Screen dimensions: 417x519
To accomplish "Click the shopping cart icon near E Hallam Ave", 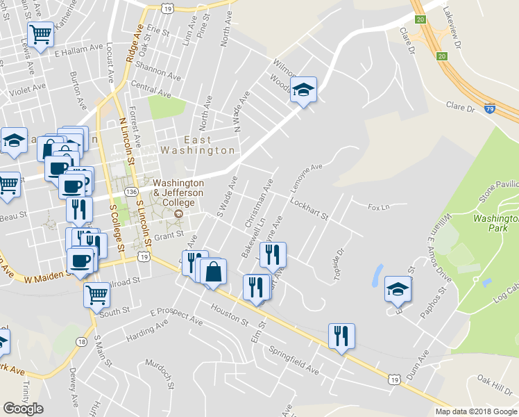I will (41, 33).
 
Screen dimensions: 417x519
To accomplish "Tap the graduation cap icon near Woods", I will (303, 89).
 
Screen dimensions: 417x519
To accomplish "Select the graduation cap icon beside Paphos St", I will (398, 288).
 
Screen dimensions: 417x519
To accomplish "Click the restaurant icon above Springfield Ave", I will (341, 336).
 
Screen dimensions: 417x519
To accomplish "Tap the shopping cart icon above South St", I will (96, 293).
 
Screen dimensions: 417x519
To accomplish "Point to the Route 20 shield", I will (441, 55).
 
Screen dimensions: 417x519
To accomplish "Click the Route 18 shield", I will (82, 341).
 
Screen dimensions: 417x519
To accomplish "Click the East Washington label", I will (198, 145).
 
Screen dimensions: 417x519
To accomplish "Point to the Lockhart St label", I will (309, 209).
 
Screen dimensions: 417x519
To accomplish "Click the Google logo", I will (23, 409).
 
